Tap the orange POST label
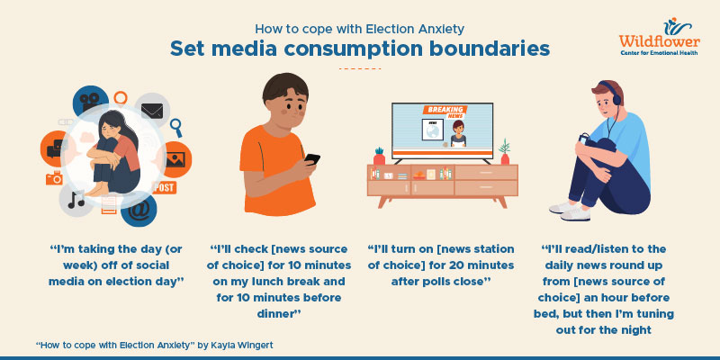click(165, 188)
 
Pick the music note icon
click(76, 199)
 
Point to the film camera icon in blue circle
click(88, 100)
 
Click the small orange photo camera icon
click(55, 177)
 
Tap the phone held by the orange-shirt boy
click(311, 160)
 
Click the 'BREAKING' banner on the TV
click(442, 112)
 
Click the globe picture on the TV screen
click(434, 130)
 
